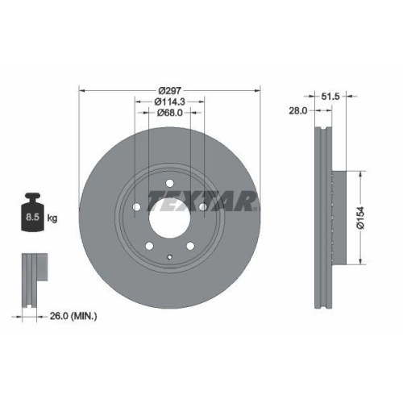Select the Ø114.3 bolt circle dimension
[x=169, y=101]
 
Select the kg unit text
[x=52, y=218]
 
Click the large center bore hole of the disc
[x=168, y=217]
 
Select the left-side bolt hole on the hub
[x=138, y=207]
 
